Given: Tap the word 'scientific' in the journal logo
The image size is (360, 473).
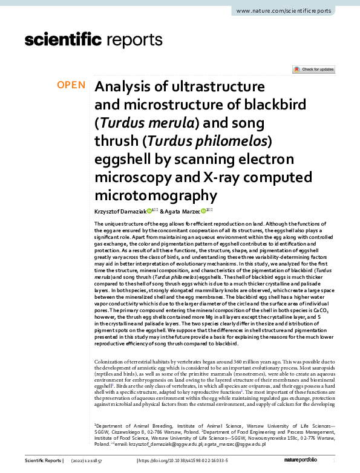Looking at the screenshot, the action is [x=62, y=41].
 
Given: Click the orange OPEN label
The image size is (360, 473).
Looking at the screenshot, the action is [x=71, y=85].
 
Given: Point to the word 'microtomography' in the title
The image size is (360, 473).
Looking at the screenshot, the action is [x=155, y=195].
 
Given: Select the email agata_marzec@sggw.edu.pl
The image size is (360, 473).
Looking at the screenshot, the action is [x=243, y=444].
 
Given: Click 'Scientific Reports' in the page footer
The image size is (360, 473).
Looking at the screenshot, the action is [x=43, y=461].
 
